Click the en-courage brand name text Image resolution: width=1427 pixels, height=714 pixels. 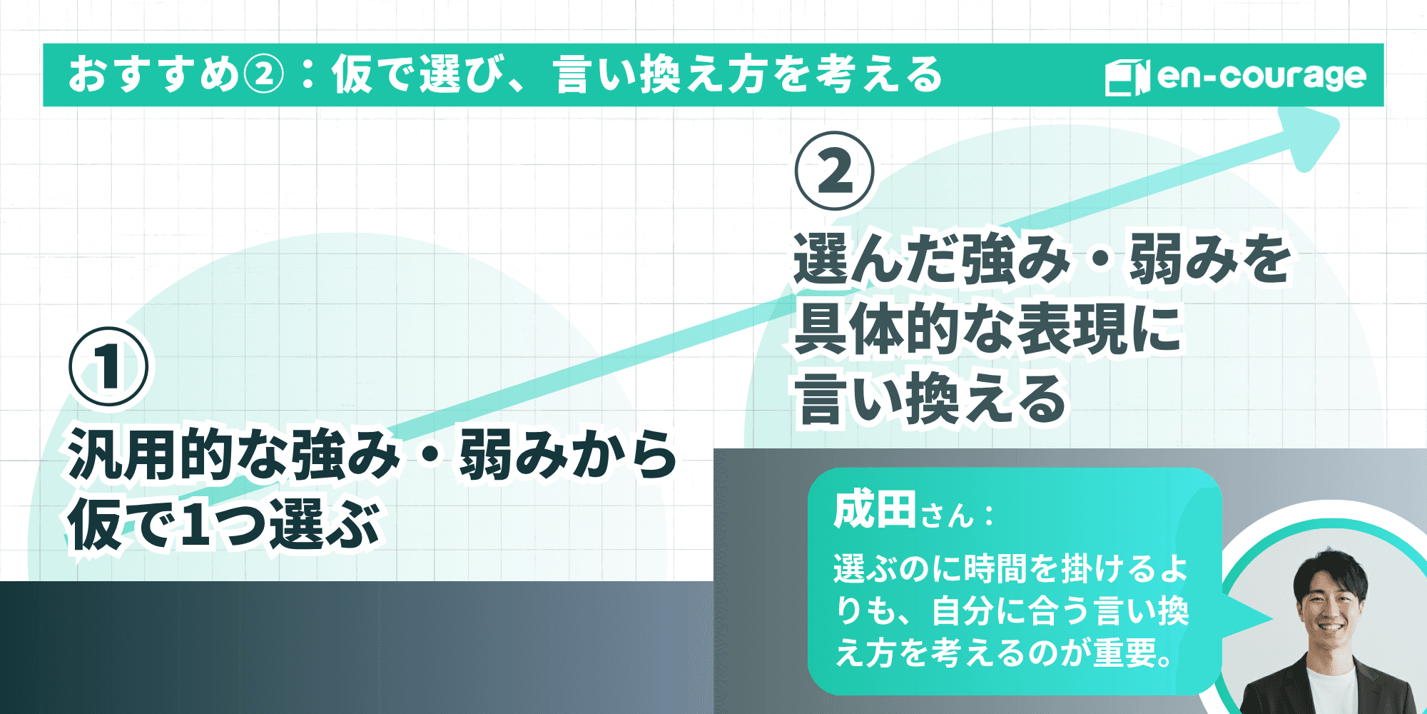click(x=1261, y=76)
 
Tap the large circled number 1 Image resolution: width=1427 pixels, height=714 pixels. click(x=108, y=367)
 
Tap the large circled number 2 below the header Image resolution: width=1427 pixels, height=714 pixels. click(x=834, y=171)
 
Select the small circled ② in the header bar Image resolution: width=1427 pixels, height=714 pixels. click(x=264, y=75)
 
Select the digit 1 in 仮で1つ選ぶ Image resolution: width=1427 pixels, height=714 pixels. click(x=195, y=525)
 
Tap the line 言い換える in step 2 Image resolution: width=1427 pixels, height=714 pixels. click(x=931, y=400)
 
